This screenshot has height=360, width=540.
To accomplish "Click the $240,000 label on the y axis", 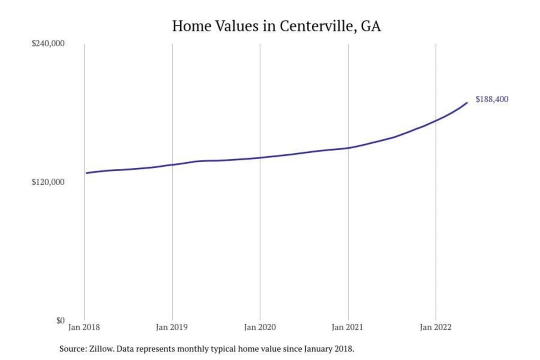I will (x=48, y=43).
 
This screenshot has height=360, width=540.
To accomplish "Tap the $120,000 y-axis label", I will (x=48, y=182).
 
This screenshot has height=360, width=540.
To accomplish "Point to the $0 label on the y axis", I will (x=60, y=320).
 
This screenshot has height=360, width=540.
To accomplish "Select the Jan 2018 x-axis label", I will (x=84, y=327).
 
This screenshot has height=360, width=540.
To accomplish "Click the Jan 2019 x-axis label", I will (x=172, y=327).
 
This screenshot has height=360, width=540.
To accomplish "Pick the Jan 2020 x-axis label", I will (x=260, y=327).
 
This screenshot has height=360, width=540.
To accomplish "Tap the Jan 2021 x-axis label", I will (x=348, y=327).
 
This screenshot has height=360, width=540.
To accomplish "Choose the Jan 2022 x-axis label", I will (x=435, y=327).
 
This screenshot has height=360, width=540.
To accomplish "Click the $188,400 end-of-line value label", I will (x=492, y=99).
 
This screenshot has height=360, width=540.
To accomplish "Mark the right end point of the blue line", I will (x=467, y=103).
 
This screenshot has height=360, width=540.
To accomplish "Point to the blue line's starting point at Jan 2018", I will (x=87, y=173).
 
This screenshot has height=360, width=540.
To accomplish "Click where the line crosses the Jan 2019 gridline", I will (x=172, y=165).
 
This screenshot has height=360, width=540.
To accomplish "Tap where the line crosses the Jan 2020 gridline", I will (x=260, y=157).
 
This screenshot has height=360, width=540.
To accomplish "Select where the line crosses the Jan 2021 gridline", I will (x=348, y=148).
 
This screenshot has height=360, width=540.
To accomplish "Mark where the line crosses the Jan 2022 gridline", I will (x=436, y=120).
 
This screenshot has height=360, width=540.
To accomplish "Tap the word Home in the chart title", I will (x=192, y=26).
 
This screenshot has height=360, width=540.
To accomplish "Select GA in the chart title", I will (x=371, y=26).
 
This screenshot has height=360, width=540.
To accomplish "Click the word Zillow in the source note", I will (x=101, y=349).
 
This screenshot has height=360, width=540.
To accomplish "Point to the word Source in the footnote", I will (x=72, y=349).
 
